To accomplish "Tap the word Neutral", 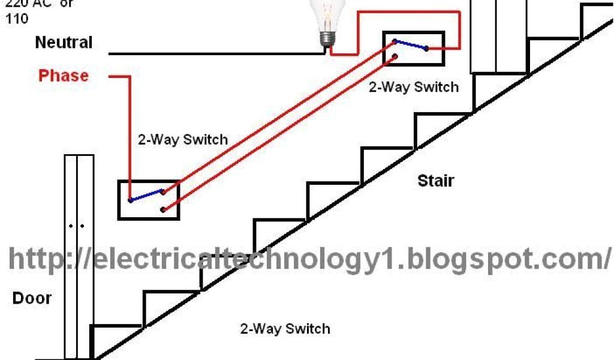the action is pos(64,43).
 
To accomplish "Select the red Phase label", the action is pos(63,76).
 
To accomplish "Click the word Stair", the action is pos(436,180).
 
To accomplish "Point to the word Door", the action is pos(32,298).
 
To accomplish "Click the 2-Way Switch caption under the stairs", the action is pos(285,329).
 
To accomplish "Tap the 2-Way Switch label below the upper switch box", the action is pos(413,87).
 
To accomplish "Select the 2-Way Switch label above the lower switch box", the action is pos(182,140).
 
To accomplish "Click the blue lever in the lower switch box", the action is pos(146,196).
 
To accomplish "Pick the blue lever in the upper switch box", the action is pos(410,45).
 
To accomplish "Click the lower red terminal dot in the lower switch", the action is pos(162,209).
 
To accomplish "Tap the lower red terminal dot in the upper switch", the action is pos(395,58).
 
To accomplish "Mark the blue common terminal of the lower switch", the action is pos(130,200).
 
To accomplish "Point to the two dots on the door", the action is pos(76,226).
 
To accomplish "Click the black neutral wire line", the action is pos(216,53).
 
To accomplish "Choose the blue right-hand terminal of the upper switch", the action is pos(426,49).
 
